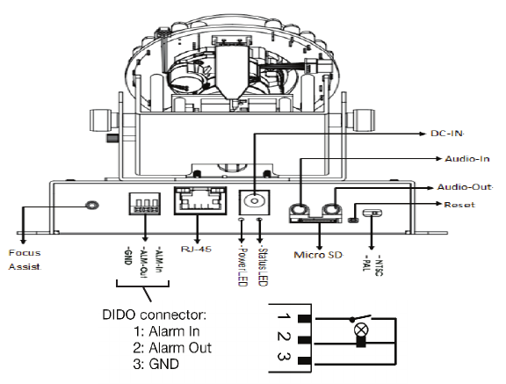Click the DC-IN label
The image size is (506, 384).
click(447, 134)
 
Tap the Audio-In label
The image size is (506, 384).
click(467, 159)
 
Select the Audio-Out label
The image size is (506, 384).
click(465, 187)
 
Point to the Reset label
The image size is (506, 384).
click(459, 205)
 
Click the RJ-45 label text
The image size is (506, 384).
click(196, 249)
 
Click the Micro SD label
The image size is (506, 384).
click(318, 255)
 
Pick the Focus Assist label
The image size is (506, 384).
click(25, 260)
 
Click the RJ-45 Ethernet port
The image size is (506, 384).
click(200, 200)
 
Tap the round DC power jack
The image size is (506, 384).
click(254, 201)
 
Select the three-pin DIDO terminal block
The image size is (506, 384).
click(145, 204)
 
